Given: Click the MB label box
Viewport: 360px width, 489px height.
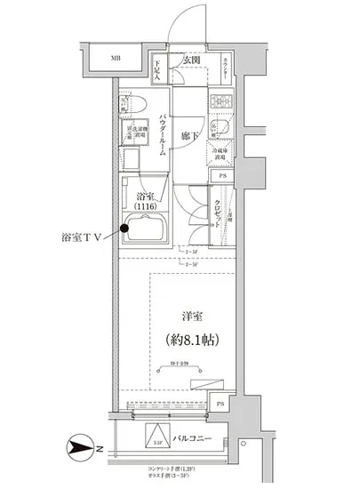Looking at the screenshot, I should click(116, 59).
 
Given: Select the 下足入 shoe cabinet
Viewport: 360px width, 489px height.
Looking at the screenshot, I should click(156, 69).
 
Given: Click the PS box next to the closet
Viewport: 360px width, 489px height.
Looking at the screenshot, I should click(221, 176).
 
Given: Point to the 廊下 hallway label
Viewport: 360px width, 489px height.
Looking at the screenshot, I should click(188, 135).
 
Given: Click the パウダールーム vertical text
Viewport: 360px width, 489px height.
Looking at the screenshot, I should click(163, 135).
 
